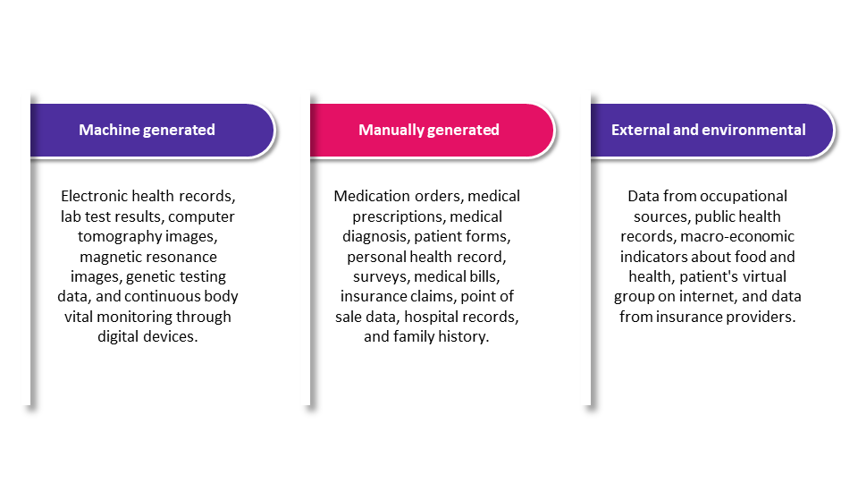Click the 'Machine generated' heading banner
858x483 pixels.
click(x=152, y=131)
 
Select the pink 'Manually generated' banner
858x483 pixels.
click(x=432, y=131)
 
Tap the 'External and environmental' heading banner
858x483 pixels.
click(x=712, y=131)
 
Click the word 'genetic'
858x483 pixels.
click(x=147, y=277)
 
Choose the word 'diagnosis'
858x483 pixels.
click(x=375, y=237)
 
